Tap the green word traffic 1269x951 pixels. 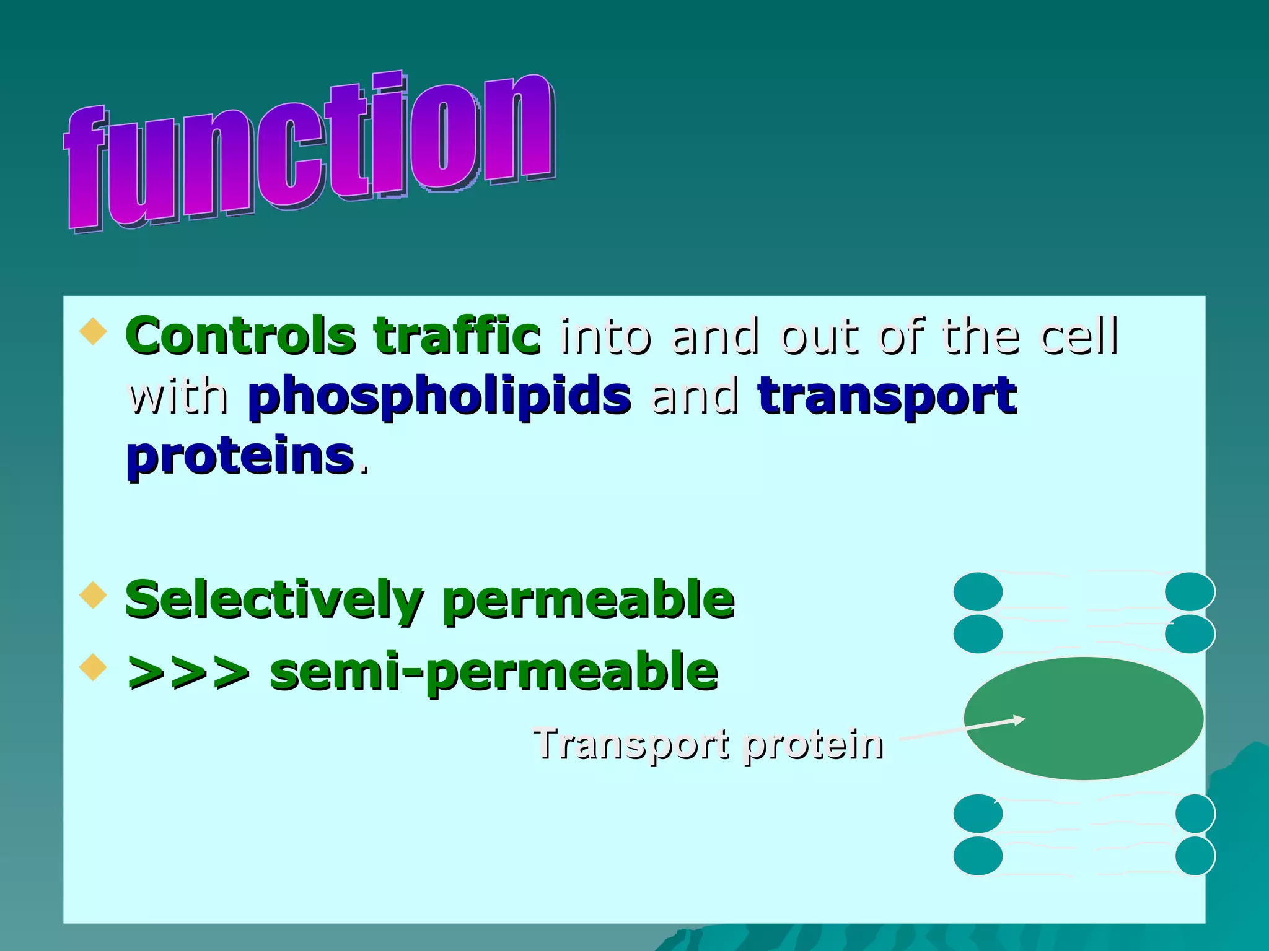[x=457, y=336]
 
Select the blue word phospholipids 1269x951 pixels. [x=439, y=396]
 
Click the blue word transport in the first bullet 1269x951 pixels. [x=887, y=396]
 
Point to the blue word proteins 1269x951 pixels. [x=240, y=456]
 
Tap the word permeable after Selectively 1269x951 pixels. [x=588, y=599]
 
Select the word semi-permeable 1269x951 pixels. [x=494, y=672]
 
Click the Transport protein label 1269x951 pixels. [x=708, y=744]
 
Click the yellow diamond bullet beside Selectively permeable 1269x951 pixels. [x=94, y=594]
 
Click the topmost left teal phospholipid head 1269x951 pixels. [x=978, y=591]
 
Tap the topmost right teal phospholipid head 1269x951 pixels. [x=1190, y=591]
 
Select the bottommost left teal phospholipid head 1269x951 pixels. [x=978, y=856]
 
